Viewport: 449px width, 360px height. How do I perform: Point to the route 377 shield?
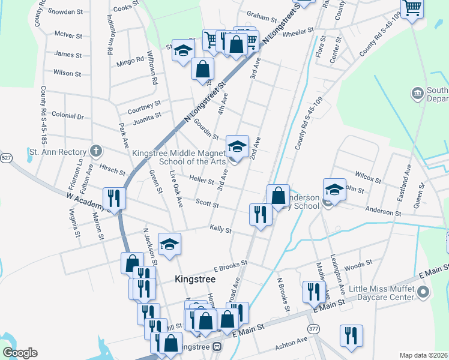pyautogui.click(x=314, y=329)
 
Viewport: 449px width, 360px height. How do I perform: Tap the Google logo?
pyautogui.click(x=19, y=353)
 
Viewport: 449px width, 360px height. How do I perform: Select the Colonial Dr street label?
pyautogui.click(x=67, y=115)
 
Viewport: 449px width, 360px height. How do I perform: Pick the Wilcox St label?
pyautogui.click(x=367, y=178)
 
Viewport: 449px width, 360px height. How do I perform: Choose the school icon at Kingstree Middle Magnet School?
pyautogui.click(x=237, y=146)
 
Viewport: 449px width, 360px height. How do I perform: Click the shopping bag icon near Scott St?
pyautogui.click(x=278, y=195)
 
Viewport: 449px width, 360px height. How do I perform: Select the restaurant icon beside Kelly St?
pyautogui.click(x=261, y=214)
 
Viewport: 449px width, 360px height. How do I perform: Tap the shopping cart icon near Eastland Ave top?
pyautogui.click(x=412, y=8)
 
